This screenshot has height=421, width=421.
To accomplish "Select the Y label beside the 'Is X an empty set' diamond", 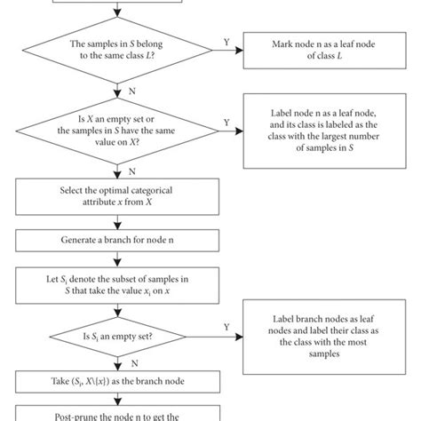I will pyautogui.click(x=226, y=123).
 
